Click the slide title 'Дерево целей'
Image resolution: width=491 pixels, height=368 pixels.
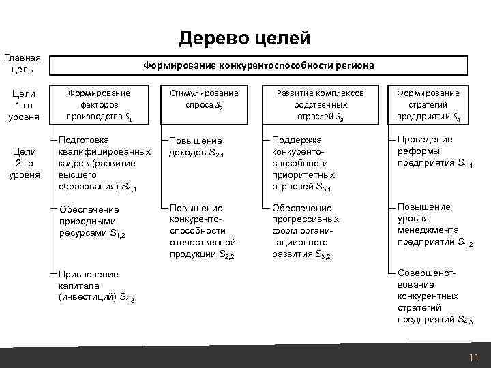245,38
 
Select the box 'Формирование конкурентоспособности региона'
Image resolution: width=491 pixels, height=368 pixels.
258,65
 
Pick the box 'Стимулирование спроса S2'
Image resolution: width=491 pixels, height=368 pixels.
204,99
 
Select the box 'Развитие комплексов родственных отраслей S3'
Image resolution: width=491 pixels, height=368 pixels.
320,105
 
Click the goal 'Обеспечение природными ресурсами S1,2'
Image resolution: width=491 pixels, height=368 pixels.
93,221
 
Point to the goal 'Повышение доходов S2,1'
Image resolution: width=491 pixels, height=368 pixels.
197,146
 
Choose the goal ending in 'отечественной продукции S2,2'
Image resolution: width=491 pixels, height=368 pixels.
203,230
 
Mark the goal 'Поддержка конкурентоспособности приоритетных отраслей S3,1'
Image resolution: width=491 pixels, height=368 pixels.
303,163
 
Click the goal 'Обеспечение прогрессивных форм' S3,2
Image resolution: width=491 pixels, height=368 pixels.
305,230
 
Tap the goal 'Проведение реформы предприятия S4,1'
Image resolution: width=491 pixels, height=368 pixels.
434,151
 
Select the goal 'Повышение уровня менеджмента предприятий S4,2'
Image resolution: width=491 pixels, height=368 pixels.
434,225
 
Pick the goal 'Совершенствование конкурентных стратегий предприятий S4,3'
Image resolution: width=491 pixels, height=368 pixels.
434,296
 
